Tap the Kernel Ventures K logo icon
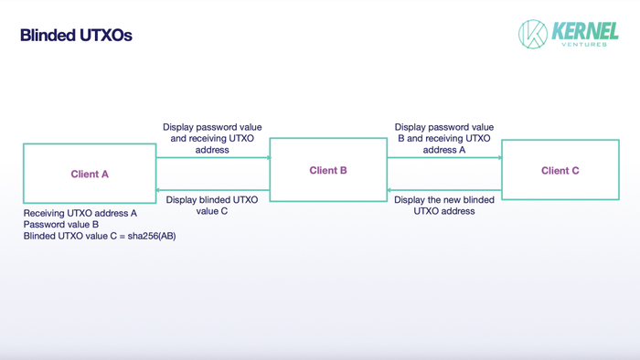pyautogui.click(x=532, y=34)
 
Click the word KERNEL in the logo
pyautogui.click(x=585, y=31)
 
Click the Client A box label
pyautogui.click(x=90, y=174)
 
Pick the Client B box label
pyautogui.click(x=328, y=170)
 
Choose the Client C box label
pyautogui.click(x=560, y=170)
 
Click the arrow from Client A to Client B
pyautogui.click(x=212, y=157)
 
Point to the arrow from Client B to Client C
pyautogui.click(x=444, y=157)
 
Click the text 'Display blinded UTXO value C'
pyautogui.click(x=212, y=205)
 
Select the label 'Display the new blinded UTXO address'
pyautogui.click(x=444, y=205)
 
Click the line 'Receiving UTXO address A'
pyautogui.click(x=80, y=213)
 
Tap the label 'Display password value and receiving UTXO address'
pyautogui.click(x=212, y=138)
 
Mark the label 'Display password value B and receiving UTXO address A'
pyautogui.click(x=444, y=138)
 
